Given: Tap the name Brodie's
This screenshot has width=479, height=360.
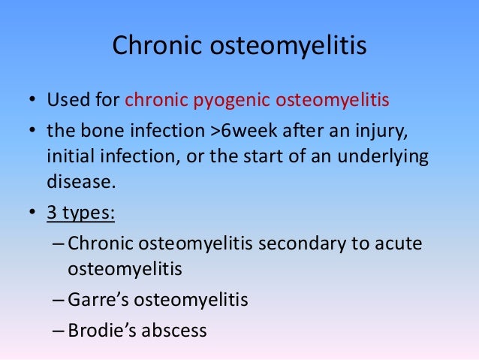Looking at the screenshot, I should click(x=101, y=329).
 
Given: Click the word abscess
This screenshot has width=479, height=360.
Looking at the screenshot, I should click(x=173, y=329).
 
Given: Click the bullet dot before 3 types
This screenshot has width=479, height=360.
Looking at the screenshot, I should click(x=32, y=213).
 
